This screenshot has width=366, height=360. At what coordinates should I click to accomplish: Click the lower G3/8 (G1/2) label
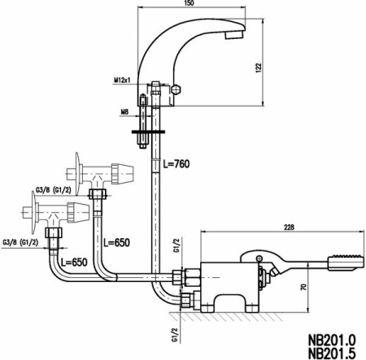(x=20, y=241)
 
